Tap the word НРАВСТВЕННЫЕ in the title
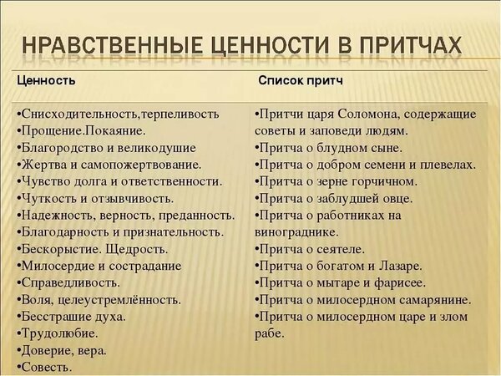[x=113, y=46]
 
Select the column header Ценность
[x=46, y=80]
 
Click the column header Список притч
[x=301, y=80]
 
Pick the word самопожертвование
[x=141, y=165]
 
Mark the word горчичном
[x=385, y=181]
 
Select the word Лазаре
[x=400, y=266]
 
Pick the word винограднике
[x=296, y=232]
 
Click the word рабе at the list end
[x=270, y=333]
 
